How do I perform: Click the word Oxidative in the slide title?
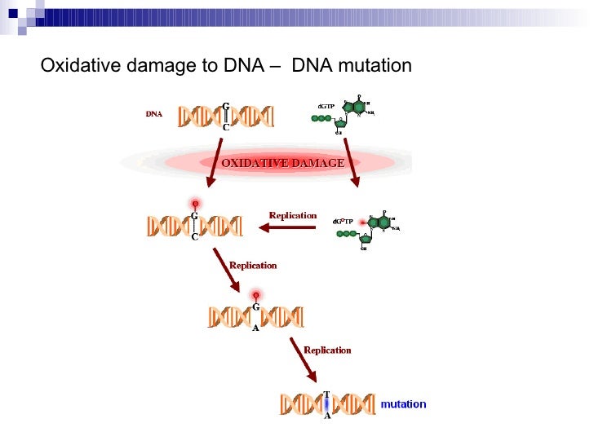tap(78, 65)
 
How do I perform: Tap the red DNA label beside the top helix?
tap(154, 114)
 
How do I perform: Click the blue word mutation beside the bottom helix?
tap(404, 404)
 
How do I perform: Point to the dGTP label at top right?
tap(324, 107)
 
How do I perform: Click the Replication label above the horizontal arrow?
tap(293, 215)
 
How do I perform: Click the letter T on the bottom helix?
tap(327, 394)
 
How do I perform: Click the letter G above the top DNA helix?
tap(226, 106)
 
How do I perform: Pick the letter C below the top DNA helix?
tap(226, 127)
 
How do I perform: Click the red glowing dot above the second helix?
tap(195, 203)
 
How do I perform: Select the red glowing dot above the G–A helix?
tap(255, 294)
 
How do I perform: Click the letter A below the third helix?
tap(255, 328)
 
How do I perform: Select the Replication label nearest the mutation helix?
tap(327, 350)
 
